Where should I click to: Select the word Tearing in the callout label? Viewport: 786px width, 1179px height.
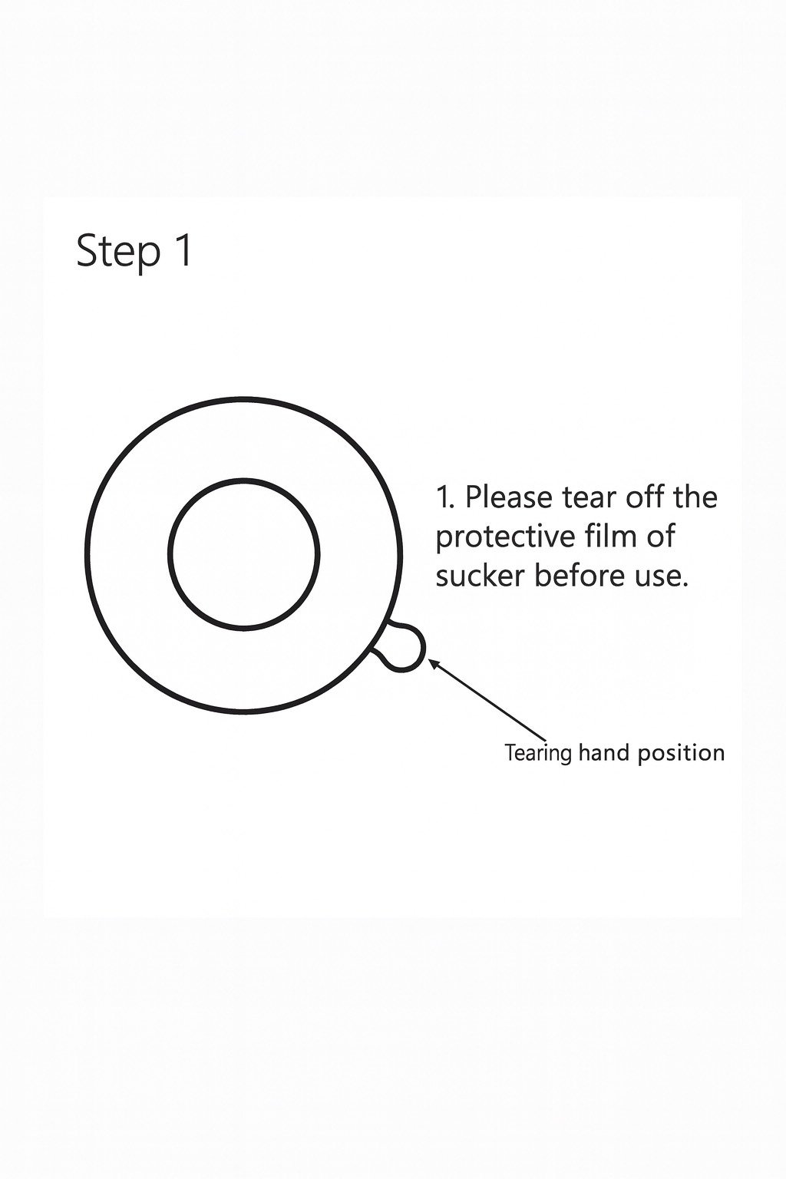click(x=538, y=754)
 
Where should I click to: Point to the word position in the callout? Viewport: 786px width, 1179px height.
click(x=681, y=753)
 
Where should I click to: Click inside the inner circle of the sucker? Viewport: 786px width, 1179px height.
click(x=244, y=553)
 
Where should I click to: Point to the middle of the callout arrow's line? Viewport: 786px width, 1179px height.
click(x=488, y=701)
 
